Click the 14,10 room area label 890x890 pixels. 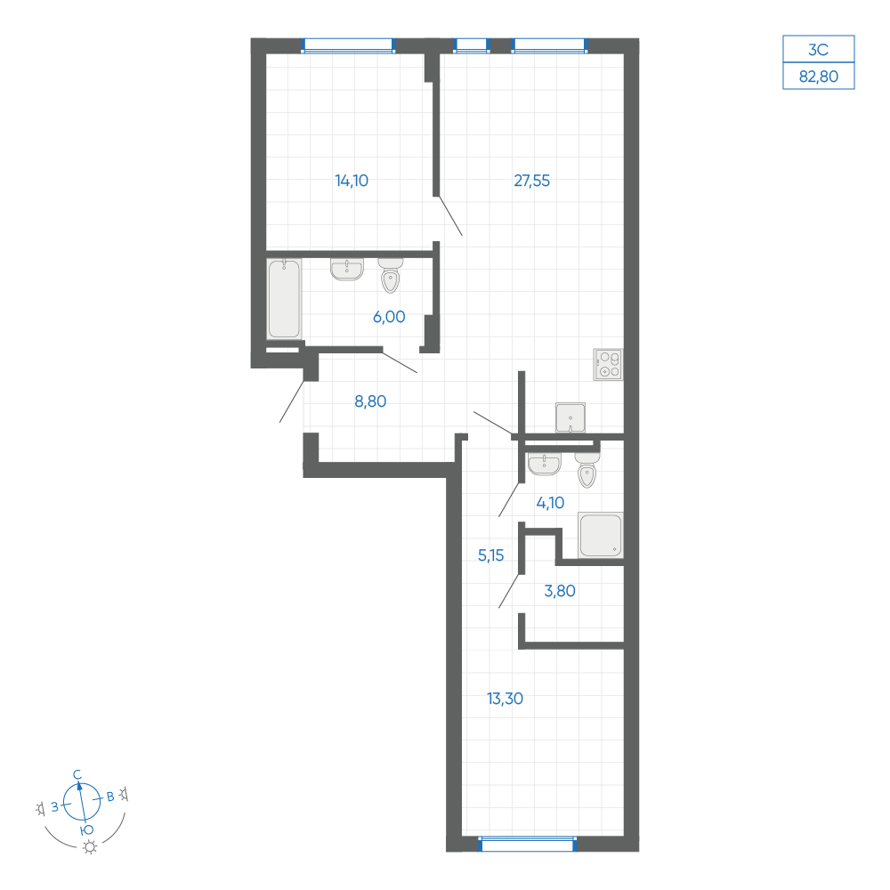click(x=352, y=181)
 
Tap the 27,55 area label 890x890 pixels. click(x=532, y=181)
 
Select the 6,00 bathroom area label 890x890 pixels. click(x=389, y=317)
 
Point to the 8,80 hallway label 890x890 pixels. click(x=370, y=401)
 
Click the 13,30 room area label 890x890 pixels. click(x=505, y=698)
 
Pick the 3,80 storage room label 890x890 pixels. click(x=560, y=591)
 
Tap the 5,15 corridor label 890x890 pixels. click(x=490, y=555)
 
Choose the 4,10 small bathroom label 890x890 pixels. click(x=550, y=502)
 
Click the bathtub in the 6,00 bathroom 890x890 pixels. click(x=284, y=299)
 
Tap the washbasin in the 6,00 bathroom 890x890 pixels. click(x=347, y=269)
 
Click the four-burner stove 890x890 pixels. click(x=608, y=364)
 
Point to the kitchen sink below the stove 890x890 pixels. click(x=570, y=417)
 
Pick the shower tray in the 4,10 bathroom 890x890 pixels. click(x=601, y=535)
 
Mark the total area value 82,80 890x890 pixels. click(x=819, y=76)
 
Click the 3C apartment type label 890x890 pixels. click(x=819, y=49)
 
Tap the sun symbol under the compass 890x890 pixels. click(x=90, y=847)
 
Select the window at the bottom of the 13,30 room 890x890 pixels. click(x=528, y=844)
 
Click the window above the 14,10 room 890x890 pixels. click(x=347, y=45)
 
